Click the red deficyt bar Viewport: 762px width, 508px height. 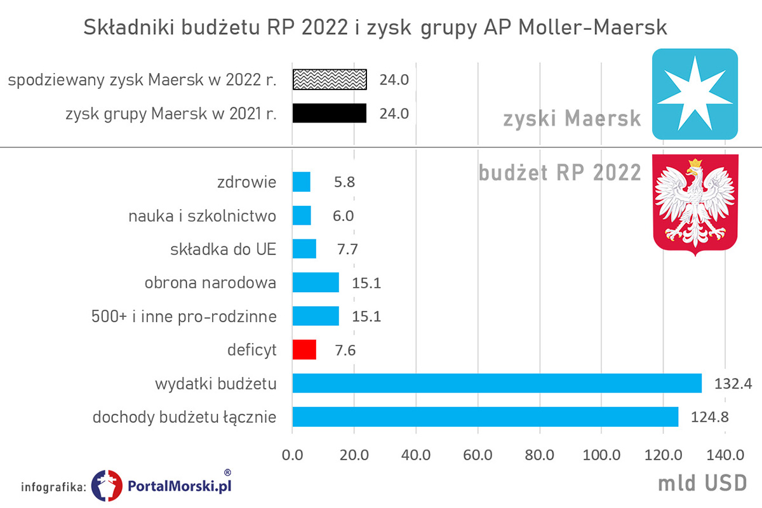pos(304,350)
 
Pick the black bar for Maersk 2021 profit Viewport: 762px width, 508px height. pos(330,113)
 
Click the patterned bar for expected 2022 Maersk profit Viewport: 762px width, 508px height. pos(330,79)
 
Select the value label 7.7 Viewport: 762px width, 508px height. pos(347,249)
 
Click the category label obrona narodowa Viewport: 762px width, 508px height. pos(210,283)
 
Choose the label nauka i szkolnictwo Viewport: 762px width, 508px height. pos(203,216)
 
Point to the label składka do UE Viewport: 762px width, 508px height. pos(224,249)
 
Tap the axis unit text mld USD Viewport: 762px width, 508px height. pos(702,483)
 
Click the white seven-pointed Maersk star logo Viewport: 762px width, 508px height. pos(695,93)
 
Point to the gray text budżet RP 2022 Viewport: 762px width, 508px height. pos(559,172)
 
